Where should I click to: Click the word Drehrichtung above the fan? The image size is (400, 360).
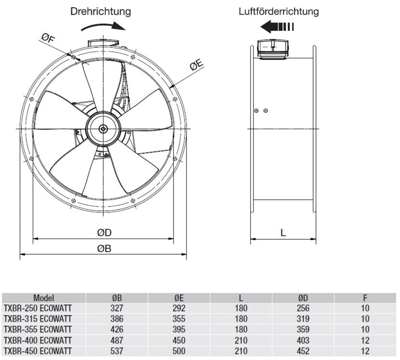[100, 11]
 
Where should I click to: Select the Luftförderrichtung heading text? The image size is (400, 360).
[279, 11]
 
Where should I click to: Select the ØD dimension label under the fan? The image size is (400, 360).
[104, 233]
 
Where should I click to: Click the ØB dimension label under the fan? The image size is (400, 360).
[104, 249]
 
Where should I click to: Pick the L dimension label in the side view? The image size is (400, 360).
[283, 233]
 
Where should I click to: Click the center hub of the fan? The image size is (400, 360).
[104, 129]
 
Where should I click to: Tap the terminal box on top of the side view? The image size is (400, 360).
[273, 50]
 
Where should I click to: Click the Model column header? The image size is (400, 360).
[44, 298]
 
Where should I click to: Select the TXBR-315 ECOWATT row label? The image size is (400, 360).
[38, 319]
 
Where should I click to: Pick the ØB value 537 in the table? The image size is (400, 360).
[117, 351]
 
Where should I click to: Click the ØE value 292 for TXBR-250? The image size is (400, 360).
[179, 309]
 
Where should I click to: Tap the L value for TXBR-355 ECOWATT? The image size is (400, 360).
[241, 330]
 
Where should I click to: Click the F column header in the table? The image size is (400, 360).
[365, 298]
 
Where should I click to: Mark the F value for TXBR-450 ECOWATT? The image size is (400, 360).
[365, 351]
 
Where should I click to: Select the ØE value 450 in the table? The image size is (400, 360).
[179, 340]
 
